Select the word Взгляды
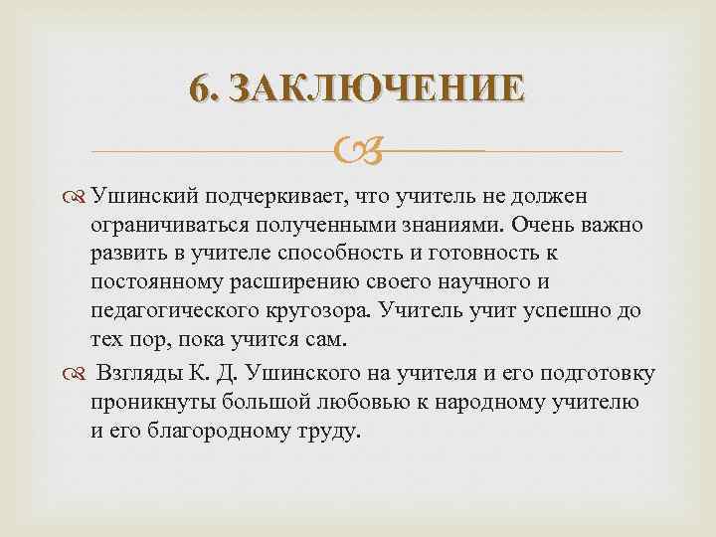click(139, 375)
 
